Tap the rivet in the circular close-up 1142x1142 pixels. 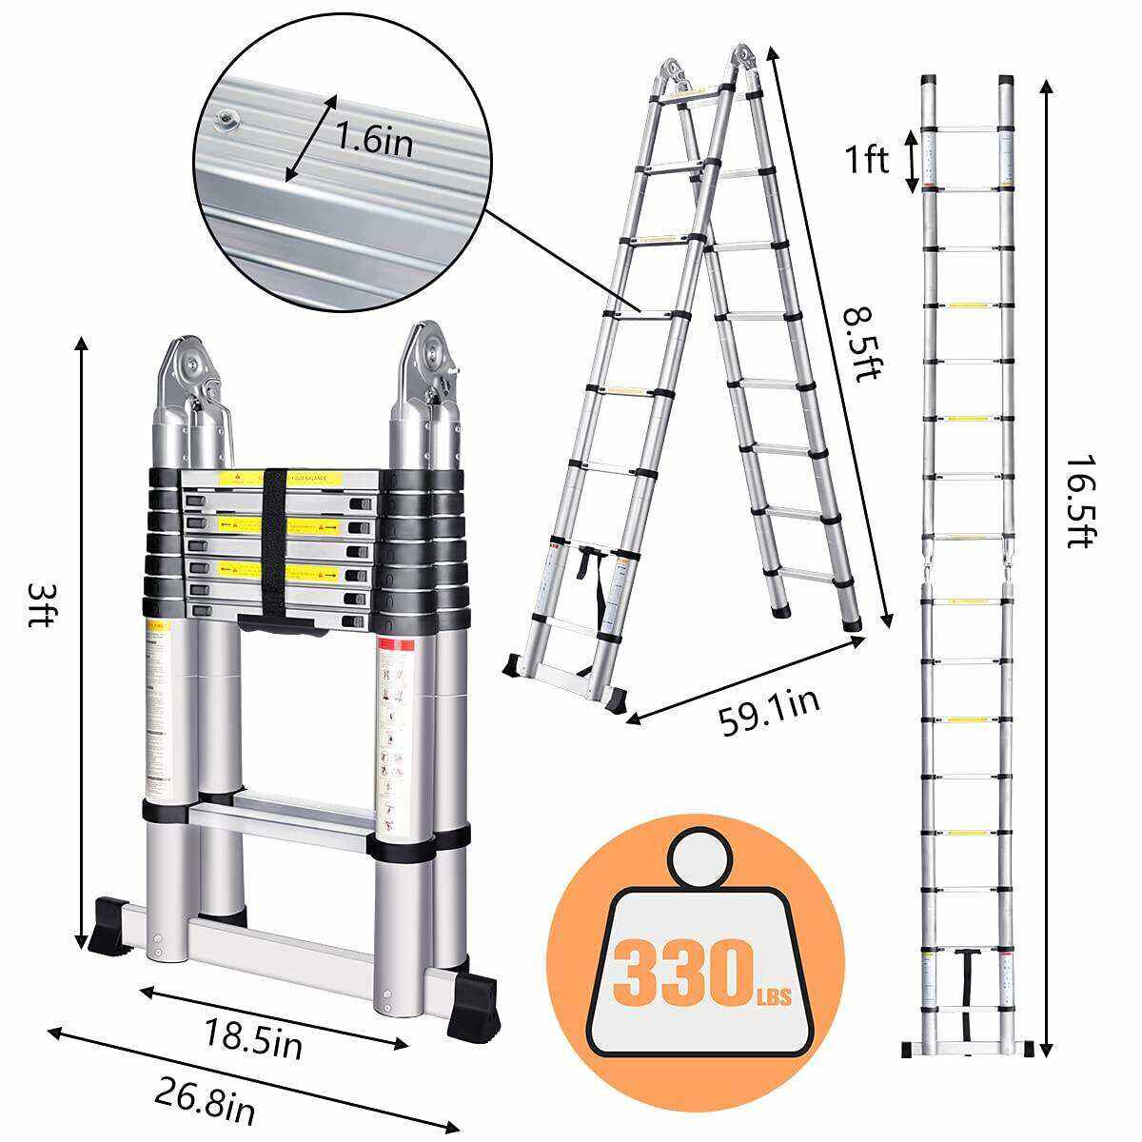[x=226, y=118]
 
